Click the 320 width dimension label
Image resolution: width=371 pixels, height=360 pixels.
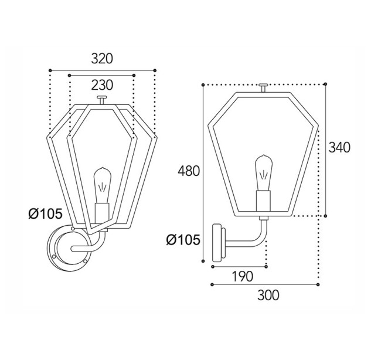pyautogui.click(x=102, y=59)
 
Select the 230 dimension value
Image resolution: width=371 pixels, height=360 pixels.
pyautogui.click(x=102, y=85)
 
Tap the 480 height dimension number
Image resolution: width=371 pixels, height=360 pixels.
pyautogui.click(x=189, y=171)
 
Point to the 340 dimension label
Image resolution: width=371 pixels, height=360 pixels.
pyautogui.click(x=339, y=147)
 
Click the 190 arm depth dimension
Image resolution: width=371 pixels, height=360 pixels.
pyautogui.click(x=242, y=276)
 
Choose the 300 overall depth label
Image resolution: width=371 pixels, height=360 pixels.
pyautogui.click(x=268, y=295)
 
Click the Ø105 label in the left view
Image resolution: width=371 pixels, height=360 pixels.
pyautogui.click(x=46, y=214)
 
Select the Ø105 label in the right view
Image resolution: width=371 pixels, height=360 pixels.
pyautogui.click(x=183, y=240)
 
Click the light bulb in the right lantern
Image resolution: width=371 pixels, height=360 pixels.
pyautogui.click(x=264, y=173)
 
